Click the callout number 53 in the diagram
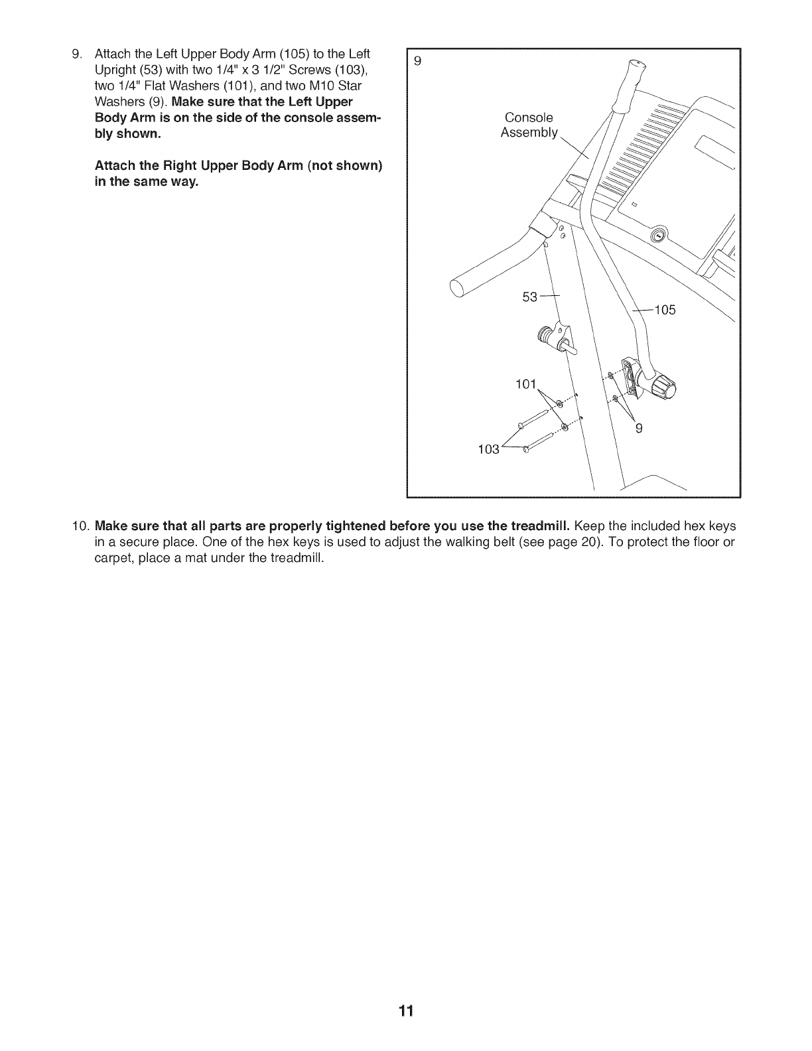tap(529, 297)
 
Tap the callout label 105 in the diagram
tap(665, 310)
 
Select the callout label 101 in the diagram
tap(525, 384)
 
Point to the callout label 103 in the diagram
tap(488, 449)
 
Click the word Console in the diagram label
tap(529, 117)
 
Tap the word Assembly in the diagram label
tap(529, 133)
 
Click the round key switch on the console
tap(658, 235)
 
